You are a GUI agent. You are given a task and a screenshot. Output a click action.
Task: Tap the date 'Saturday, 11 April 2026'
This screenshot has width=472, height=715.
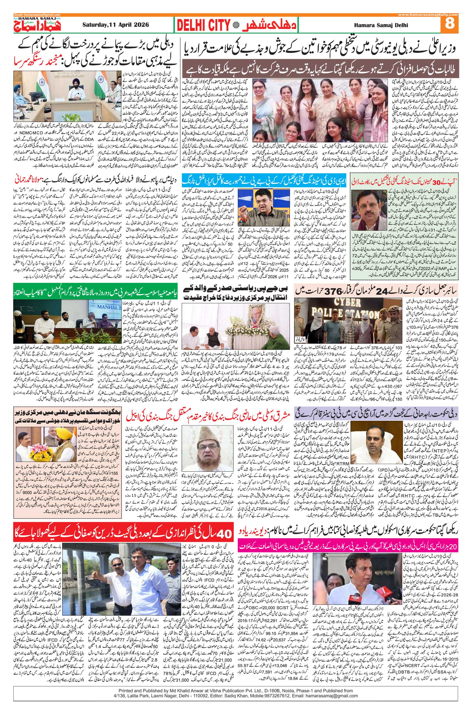point(116,25)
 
